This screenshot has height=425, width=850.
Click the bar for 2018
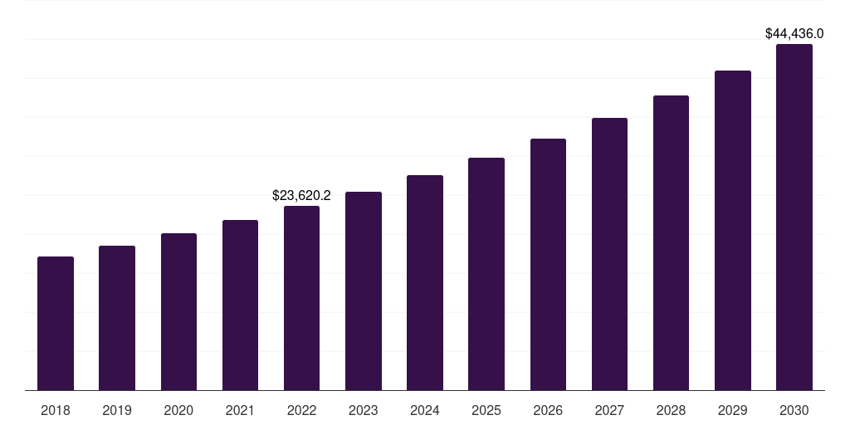pyautogui.click(x=56, y=324)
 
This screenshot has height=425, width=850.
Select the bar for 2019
pyautogui.click(x=117, y=318)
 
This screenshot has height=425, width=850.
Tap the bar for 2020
pyautogui.click(x=178, y=312)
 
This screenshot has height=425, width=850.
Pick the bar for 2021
pyautogui.click(x=240, y=305)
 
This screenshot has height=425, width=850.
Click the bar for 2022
pyautogui.click(x=301, y=298)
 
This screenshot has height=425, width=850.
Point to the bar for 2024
pyautogui.click(x=425, y=283)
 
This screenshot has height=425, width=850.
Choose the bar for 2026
pyautogui.click(x=548, y=265)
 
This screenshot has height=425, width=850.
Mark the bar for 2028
pyautogui.click(x=671, y=243)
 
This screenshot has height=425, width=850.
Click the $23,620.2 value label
pyautogui.click(x=301, y=196)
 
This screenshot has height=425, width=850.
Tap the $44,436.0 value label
pyautogui.click(x=794, y=34)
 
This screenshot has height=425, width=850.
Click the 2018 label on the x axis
pyautogui.click(x=56, y=410)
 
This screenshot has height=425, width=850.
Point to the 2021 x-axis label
pyautogui.click(x=240, y=410)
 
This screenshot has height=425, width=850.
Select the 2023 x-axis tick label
pyautogui.click(x=364, y=410)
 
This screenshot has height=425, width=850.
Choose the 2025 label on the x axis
pyautogui.click(x=486, y=410)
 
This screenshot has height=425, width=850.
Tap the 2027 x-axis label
pyautogui.click(x=609, y=410)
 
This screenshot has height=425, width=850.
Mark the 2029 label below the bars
pyautogui.click(x=733, y=410)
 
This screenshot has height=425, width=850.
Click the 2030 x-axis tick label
pyautogui.click(x=794, y=410)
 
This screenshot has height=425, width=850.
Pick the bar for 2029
pyautogui.click(x=733, y=231)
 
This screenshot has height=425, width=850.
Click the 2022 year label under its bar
pyautogui.click(x=301, y=410)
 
